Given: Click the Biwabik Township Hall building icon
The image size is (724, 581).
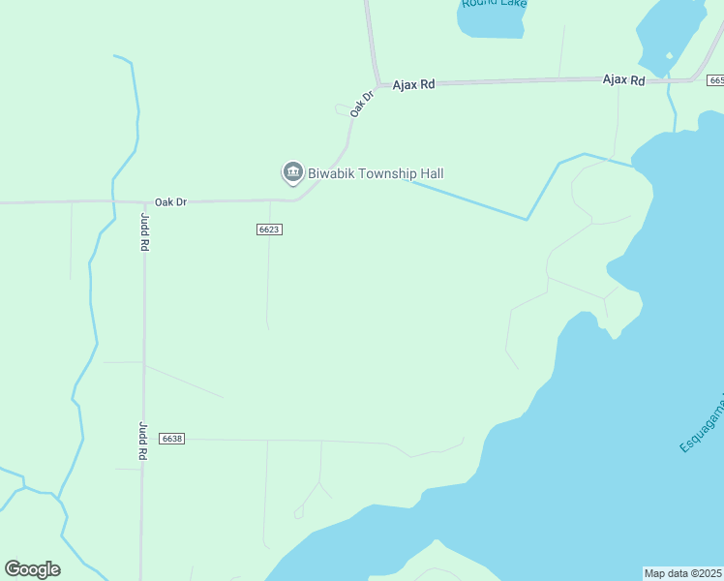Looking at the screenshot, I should point(292,173).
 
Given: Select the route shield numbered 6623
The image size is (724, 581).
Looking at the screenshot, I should point(270,229).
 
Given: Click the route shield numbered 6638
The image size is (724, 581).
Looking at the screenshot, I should point(172,439).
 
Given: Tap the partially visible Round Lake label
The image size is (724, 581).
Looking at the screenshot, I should point(494,4).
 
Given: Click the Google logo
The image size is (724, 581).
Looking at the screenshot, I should point(32,568).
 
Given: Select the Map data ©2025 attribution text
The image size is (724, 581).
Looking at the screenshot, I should point(683,573).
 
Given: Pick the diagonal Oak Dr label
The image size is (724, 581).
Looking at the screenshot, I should point(361,105).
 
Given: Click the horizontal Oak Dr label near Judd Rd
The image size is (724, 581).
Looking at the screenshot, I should point(170,201).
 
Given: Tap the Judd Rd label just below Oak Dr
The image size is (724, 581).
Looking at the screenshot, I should point(144,232).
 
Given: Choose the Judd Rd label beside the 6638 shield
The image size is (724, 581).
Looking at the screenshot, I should point(142,440).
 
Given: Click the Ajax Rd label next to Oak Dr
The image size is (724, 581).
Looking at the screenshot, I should point(413,85).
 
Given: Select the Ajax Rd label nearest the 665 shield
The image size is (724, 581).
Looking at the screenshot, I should point(623,80).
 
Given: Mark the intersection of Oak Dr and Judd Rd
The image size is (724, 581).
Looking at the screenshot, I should point(143,202).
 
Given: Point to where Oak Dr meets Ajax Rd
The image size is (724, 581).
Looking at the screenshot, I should point(377,85).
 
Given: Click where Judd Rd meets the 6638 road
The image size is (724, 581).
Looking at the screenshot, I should point(143,439).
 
